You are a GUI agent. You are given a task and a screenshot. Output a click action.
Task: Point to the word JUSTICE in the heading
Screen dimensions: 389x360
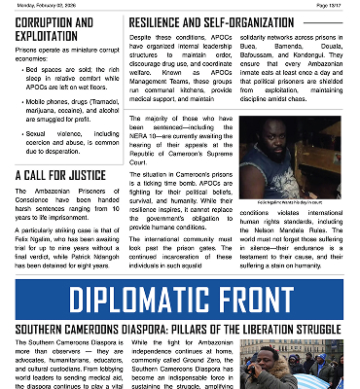(x=84, y=176)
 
